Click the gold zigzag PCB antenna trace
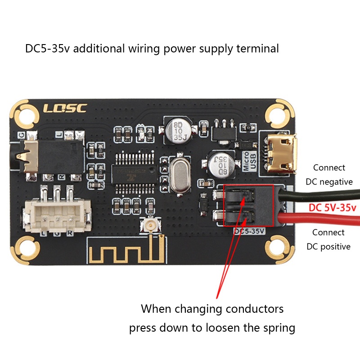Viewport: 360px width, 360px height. point(126,252)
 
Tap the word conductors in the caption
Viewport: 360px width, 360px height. point(248,309)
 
